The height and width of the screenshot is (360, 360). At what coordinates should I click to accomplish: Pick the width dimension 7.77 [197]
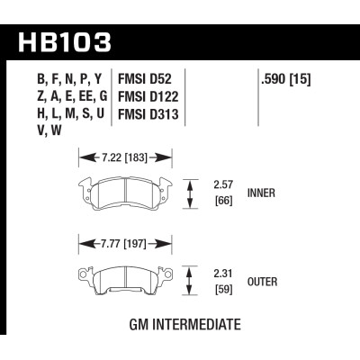tap(125, 244)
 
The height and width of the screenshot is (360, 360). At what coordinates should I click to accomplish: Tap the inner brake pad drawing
tap(125, 192)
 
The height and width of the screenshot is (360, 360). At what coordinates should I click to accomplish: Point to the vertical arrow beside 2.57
tap(189, 192)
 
